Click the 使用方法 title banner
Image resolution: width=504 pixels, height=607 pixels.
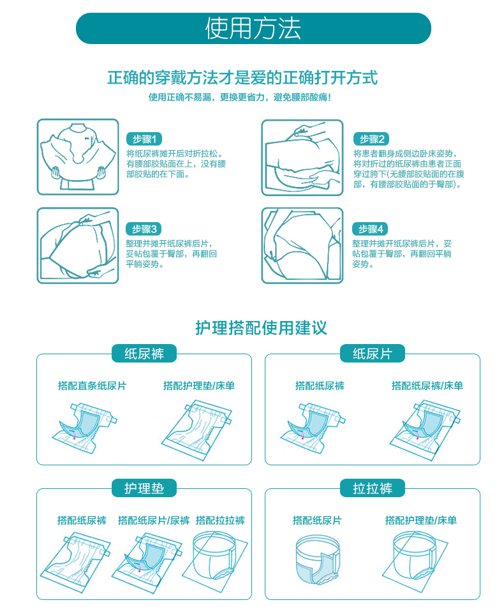click(x=253, y=29)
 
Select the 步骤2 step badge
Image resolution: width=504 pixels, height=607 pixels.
click(x=371, y=139)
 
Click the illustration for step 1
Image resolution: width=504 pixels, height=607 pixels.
click(x=78, y=157)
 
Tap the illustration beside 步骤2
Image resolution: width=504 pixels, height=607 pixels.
click(x=302, y=157)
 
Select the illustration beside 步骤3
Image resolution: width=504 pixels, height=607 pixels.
click(x=78, y=245)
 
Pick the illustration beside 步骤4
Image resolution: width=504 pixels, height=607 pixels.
click(x=302, y=245)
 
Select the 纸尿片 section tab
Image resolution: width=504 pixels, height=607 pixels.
click(x=372, y=354)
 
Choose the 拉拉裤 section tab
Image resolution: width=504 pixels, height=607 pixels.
click(x=372, y=489)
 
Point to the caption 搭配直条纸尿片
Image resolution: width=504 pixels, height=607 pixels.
click(x=92, y=386)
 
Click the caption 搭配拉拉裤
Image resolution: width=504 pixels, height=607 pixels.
click(x=220, y=521)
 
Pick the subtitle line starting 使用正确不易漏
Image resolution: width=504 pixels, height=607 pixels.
click(x=240, y=98)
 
